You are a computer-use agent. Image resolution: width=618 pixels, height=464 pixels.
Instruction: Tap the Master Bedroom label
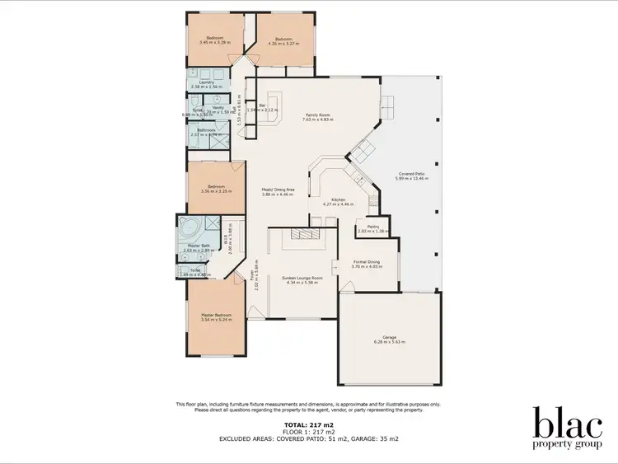[216, 314]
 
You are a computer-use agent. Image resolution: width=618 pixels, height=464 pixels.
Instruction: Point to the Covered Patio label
[411, 173]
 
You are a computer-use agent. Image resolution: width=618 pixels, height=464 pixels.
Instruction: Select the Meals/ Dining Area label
[278, 190]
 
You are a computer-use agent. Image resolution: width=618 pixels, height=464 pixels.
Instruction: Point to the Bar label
[262, 105]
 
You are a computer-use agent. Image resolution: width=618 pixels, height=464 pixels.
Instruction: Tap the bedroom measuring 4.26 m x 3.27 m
[285, 40]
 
